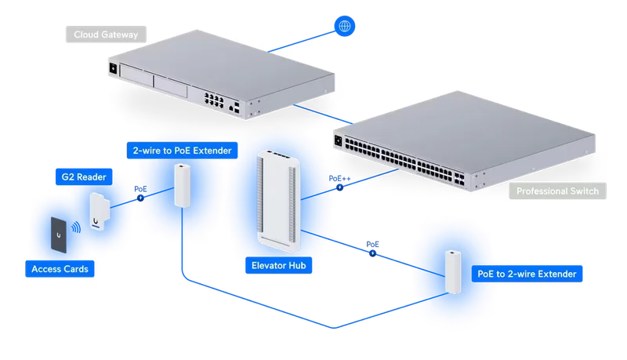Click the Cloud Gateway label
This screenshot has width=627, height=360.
click(106, 35)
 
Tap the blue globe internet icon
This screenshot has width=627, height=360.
click(344, 26)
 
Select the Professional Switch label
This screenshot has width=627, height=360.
click(557, 191)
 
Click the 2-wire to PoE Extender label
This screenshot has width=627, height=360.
click(183, 151)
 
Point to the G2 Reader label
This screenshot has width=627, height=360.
click(84, 176)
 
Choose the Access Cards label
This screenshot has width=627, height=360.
click(60, 269)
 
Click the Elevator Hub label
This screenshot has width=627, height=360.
click(279, 265)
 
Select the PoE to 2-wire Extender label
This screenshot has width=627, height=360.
click(527, 274)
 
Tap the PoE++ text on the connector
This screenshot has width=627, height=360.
click(339, 178)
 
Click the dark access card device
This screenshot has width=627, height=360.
click(58, 235)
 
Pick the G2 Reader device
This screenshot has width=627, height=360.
click(100, 212)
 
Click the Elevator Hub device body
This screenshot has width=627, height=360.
click(278, 201)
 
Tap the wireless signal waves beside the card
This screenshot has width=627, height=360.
click(76, 228)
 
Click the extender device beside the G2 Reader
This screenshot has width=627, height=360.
click(183, 186)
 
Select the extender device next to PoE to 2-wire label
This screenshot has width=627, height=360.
click(454, 272)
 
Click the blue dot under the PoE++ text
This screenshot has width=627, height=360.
click(339, 187)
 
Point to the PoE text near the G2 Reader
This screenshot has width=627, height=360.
click(140, 189)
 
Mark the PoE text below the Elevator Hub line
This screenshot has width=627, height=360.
click(373, 245)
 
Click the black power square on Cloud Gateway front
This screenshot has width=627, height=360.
click(113, 68)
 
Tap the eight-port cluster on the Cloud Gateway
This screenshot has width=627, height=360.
click(214, 100)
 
